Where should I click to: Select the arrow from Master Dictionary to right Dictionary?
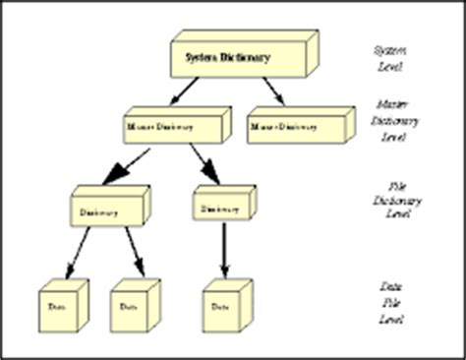pyautogui.click(x=202, y=163)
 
